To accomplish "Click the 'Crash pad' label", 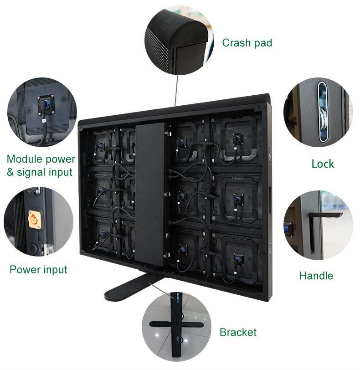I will tap(247, 43).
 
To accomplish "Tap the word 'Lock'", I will tap(323, 164).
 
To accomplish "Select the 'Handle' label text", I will tap(316, 276).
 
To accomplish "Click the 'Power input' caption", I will tap(38, 269).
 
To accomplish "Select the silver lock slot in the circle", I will tap(323, 112).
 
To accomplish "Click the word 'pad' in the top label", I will tap(263, 43).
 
